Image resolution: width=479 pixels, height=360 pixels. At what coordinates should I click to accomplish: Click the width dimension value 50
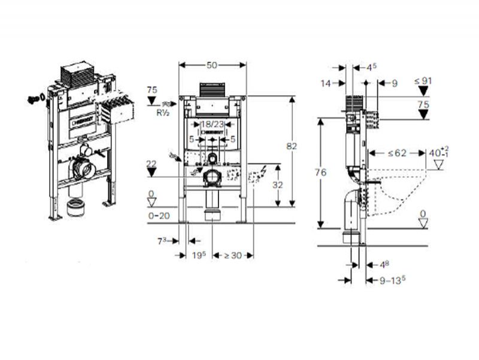pos(213,63)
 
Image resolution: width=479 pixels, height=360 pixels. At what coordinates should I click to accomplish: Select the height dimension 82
pos(292,145)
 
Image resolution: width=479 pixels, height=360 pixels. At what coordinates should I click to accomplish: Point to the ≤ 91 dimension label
pos(423,80)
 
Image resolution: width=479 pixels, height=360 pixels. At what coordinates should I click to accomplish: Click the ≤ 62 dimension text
pos(396,153)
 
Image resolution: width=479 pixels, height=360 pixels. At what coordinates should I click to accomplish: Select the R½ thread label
pos(162,111)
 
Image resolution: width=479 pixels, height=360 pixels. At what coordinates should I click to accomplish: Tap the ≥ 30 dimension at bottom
pos(234,256)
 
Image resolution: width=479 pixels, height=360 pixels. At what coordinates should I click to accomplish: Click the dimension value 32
pos(278,185)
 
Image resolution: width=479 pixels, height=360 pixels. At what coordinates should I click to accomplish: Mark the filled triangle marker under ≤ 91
pos(423,91)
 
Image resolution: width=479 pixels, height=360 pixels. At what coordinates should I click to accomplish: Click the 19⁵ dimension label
pos(199,256)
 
